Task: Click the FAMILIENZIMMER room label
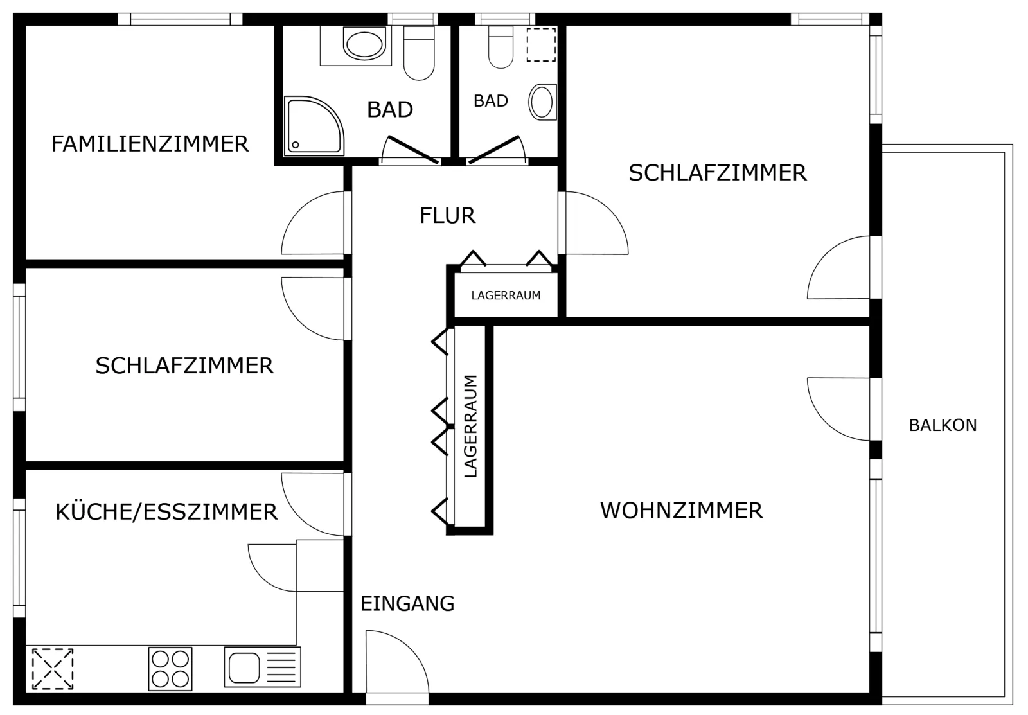click(x=150, y=144)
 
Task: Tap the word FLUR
click(x=447, y=216)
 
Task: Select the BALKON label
click(x=943, y=425)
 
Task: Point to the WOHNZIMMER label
click(x=682, y=511)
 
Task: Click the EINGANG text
click(x=407, y=604)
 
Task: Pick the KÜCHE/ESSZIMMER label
click(x=166, y=512)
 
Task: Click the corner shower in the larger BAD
click(x=314, y=126)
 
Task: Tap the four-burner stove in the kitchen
click(x=170, y=669)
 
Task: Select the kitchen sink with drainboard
click(x=263, y=667)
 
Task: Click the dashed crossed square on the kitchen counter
click(x=52, y=669)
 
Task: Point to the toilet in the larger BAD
click(x=418, y=53)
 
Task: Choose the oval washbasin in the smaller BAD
click(x=542, y=102)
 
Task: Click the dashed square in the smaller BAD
click(x=541, y=44)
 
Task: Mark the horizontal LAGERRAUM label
click(x=506, y=296)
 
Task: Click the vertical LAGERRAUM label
click(x=471, y=427)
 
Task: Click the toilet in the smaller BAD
click(x=501, y=48)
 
